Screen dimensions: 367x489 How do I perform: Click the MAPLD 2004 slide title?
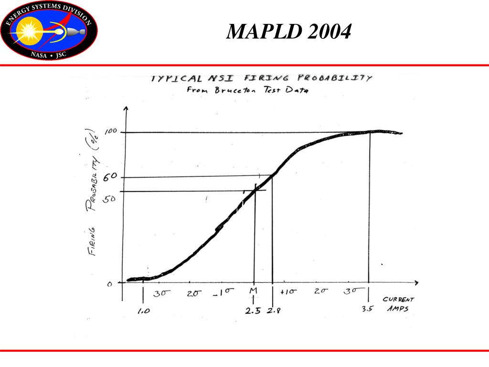tap(289, 32)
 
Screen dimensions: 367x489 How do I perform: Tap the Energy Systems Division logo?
tap(49, 31)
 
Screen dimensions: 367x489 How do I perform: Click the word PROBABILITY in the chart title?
tap(334, 78)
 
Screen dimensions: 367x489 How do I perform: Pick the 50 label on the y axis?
tap(109, 198)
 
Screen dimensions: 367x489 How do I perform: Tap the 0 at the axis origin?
tap(109, 284)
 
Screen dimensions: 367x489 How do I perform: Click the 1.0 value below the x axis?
tap(143, 311)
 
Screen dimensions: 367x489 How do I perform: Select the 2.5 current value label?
tap(253, 311)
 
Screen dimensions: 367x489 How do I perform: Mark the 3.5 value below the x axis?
tap(367, 309)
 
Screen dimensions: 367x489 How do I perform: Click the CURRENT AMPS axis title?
tap(398, 304)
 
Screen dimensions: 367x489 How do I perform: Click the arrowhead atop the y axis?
tap(126, 109)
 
